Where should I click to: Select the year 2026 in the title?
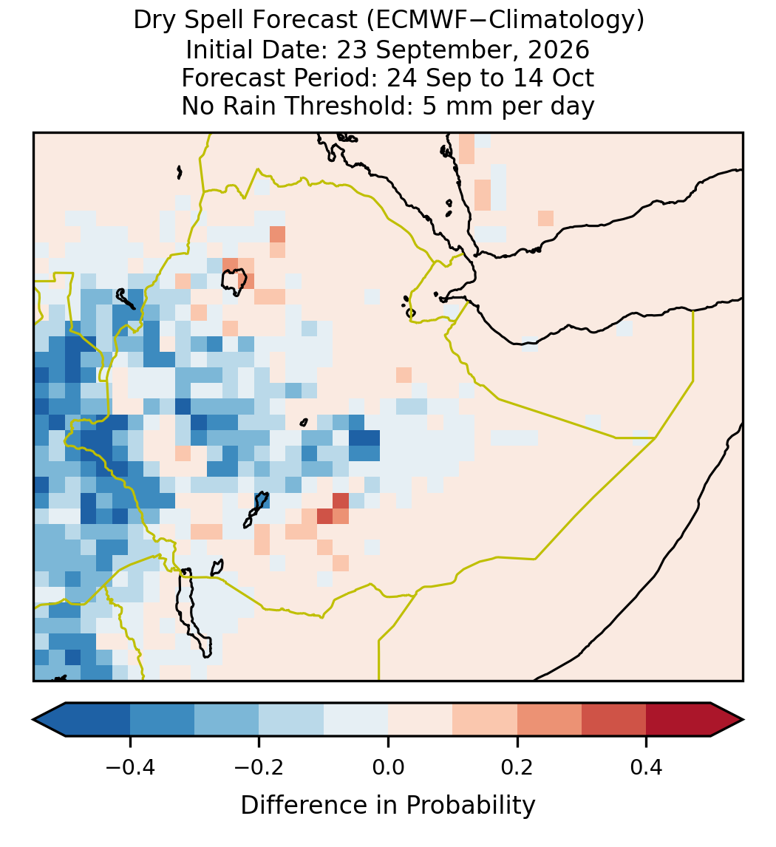coord(559,50)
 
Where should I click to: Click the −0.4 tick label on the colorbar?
coord(129,767)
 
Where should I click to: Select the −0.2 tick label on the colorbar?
coord(259,767)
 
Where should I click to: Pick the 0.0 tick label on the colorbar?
coord(388,767)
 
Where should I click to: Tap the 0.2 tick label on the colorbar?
coord(517,767)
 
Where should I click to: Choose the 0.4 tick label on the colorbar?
coord(646,767)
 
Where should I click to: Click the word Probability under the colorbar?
coord(470,806)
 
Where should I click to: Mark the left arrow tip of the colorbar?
coord(33,720)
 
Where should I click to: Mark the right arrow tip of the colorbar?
coord(743,720)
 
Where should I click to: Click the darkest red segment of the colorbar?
coord(678,720)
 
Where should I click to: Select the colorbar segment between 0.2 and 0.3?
coord(549,720)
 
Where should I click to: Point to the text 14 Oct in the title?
coord(554,78)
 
